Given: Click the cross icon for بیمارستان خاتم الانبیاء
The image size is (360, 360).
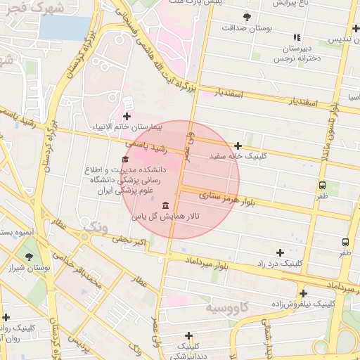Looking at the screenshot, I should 127,116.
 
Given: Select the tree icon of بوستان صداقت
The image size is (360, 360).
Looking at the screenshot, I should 246,16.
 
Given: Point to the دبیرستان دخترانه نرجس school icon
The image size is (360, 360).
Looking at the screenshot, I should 297,37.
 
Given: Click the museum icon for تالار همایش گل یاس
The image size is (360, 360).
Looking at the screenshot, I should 165,205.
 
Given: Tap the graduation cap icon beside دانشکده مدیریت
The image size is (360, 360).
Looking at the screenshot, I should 125,160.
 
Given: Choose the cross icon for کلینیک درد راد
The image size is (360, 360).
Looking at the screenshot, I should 281,252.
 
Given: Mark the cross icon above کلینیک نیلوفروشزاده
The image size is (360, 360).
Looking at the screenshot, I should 303,293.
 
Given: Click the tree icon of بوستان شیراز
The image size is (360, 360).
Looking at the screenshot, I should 29,257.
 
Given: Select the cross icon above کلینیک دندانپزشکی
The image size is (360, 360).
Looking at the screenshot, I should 188,335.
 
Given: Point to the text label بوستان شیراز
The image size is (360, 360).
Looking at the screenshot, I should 29,269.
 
